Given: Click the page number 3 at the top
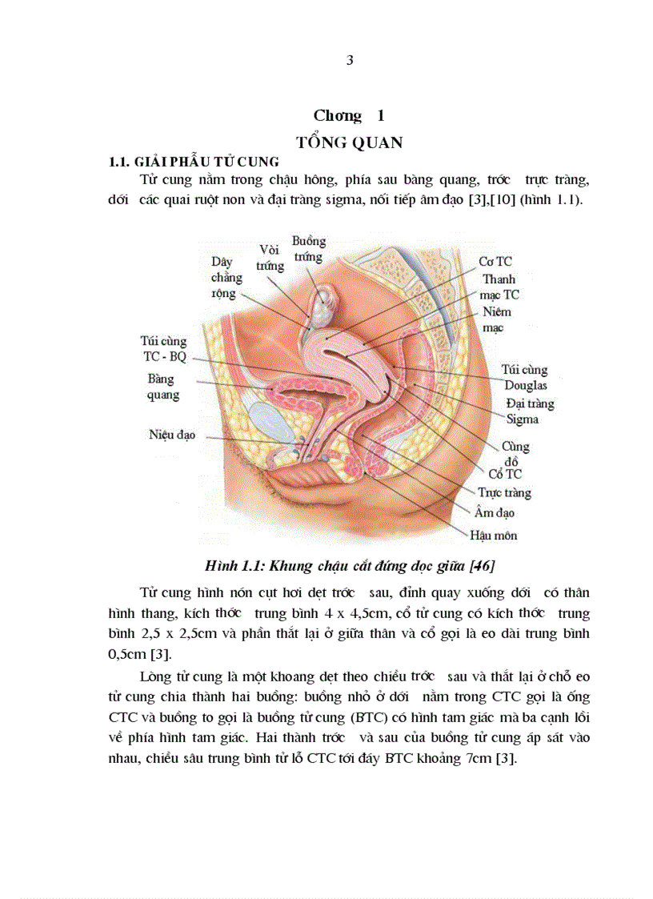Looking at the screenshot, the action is [x=350, y=61].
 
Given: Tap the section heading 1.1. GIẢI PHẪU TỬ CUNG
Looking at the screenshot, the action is [x=194, y=162].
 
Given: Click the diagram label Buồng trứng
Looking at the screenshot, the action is [x=308, y=249].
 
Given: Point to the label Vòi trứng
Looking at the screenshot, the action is [x=270, y=257].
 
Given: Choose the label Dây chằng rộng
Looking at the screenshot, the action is [x=226, y=277].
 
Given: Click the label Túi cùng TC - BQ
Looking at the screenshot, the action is [x=163, y=348].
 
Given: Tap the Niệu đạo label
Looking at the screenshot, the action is [x=171, y=435].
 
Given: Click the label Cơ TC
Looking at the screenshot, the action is [x=495, y=261].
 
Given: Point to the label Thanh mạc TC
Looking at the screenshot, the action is [x=499, y=287].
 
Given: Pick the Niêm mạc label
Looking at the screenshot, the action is [x=496, y=319].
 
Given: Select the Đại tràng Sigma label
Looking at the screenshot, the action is [x=528, y=411].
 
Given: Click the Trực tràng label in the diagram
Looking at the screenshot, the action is [x=503, y=493].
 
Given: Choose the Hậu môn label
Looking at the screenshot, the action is [x=493, y=535].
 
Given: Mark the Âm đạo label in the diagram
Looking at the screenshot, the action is [x=495, y=513].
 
